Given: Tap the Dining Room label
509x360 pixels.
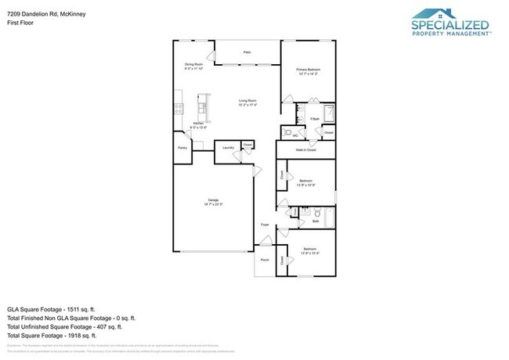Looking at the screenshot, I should (x=194, y=67).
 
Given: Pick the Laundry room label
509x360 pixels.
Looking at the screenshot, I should (x=229, y=147).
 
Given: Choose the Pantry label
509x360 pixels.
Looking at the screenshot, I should (x=182, y=147).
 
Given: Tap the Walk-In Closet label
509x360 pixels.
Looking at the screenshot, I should (x=305, y=149).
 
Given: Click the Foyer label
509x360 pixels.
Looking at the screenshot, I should (x=265, y=224).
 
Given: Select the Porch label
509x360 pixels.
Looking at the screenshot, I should (x=265, y=260).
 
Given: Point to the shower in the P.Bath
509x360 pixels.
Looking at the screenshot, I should (x=329, y=112).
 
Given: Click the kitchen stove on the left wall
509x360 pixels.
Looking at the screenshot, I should (x=178, y=105).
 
